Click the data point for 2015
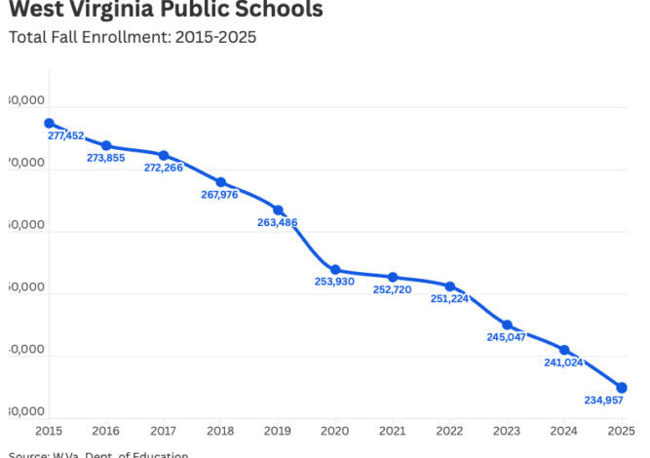tap(49, 123)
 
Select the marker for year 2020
tap(335, 270)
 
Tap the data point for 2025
tap(622, 388)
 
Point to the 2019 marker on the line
tap(278, 210)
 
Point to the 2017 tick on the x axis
tap(163, 430)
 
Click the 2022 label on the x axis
tap(449, 430)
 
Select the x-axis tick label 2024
tap(564, 430)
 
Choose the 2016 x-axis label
tap(105, 430)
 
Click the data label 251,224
tap(449, 299)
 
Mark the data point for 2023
tap(507, 324)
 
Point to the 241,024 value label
tap(563, 363)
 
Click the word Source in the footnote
tap(30, 454)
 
